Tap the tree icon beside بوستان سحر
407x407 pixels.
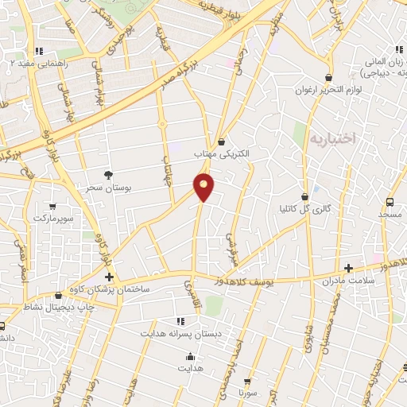pyautogui.click(x=109, y=175)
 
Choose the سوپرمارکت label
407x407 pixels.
pyautogui.click(x=52, y=217)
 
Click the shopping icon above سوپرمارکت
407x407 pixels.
pyautogui.click(x=52, y=205)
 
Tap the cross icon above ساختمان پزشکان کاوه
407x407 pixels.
pyautogui.click(x=109, y=277)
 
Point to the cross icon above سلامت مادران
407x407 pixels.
pyautogui.click(x=348, y=269)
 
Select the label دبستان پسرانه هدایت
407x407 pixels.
pyautogui.click(x=180, y=333)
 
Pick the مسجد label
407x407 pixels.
pyautogui.click(x=390, y=215)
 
